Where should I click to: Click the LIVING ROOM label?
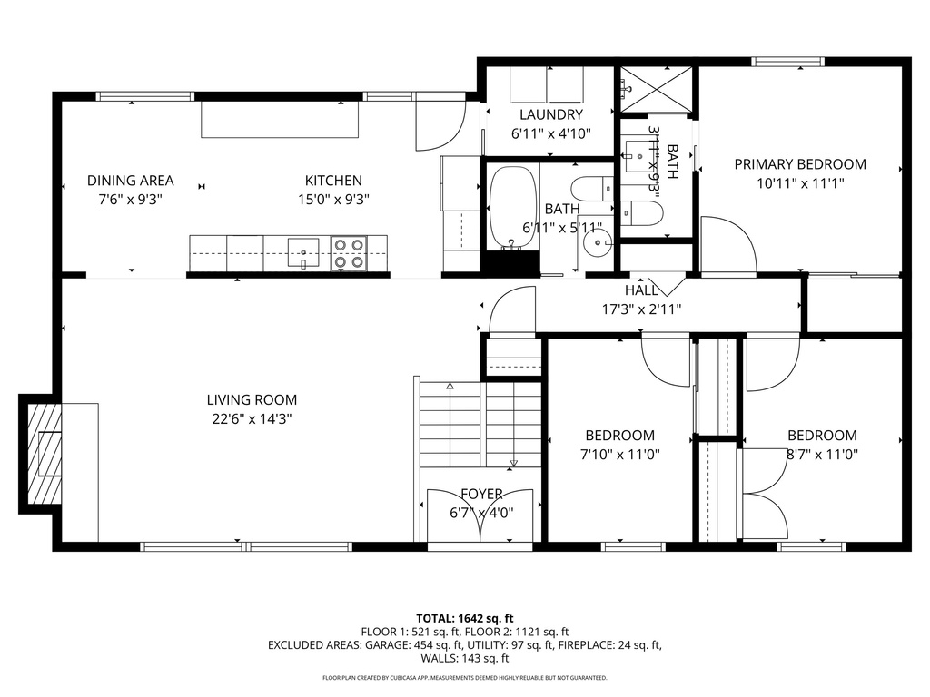[x=252, y=399]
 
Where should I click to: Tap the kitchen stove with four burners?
[x=348, y=253]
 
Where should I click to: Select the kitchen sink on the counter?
[x=303, y=250]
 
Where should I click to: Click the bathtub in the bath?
[x=514, y=208]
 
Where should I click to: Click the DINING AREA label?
[x=130, y=181]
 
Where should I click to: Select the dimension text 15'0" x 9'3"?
[x=333, y=199]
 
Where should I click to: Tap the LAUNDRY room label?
[x=550, y=114]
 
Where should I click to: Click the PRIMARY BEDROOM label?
[x=799, y=164]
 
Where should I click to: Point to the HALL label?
[x=641, y=290]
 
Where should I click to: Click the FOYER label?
[x=481, y=494]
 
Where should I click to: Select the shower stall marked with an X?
[x=656, y=90]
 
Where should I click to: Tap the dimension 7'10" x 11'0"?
[x=619, y=454]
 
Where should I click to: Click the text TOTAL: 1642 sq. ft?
[x=464, y=617]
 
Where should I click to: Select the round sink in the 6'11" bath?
[x=598, y=241]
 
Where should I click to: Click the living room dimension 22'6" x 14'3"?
[x=252, y=418]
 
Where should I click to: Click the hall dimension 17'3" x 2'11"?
[x=641, y=309]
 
